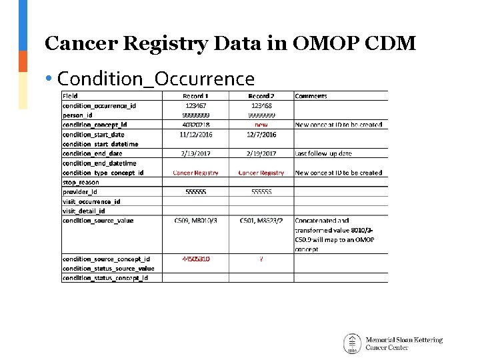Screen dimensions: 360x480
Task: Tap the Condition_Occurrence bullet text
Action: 156,79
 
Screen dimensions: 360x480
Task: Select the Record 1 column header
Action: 195,96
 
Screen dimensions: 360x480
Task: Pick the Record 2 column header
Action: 261,96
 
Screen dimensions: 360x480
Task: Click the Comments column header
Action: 311,96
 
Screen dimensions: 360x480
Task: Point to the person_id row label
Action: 79,115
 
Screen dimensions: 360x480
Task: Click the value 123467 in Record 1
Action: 195,105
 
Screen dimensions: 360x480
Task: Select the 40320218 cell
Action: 195,125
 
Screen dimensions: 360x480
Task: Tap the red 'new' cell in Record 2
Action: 261,125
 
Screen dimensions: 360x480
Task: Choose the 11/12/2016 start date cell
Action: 195,135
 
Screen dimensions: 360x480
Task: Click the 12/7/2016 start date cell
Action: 261,135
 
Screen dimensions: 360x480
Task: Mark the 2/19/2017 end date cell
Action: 261,154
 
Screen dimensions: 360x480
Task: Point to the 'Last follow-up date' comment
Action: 323,154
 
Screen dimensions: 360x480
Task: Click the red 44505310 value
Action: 195,259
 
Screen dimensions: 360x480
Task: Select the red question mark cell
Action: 261,259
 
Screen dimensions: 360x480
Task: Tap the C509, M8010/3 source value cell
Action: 195,221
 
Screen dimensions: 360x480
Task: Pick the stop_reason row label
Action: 81,182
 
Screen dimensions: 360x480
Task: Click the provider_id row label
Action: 80,191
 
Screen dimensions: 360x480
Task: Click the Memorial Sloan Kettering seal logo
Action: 352,343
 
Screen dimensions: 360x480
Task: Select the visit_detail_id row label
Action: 84,211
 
